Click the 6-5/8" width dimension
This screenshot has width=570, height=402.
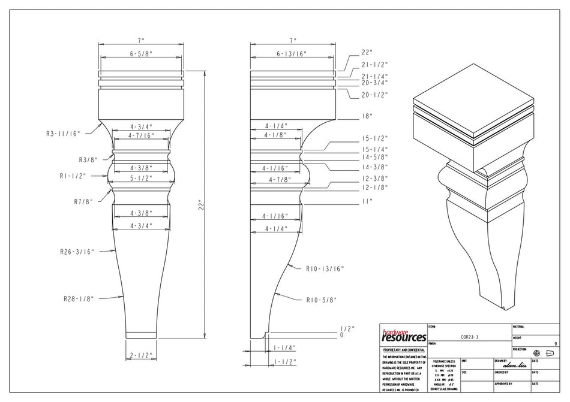point(142,54)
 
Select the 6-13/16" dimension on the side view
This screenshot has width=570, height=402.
point(292,54)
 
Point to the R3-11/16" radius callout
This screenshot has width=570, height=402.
point(63,134)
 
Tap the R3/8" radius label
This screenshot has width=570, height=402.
point(88,160)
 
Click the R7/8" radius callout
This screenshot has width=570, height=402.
point(83,201)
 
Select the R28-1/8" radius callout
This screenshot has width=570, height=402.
point(80,298)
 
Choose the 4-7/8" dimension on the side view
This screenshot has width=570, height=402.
point(280,180)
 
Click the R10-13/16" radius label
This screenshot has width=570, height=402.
point(325,270)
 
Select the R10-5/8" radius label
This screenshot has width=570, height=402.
point(321,300)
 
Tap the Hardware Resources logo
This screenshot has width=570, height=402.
point(403,335)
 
